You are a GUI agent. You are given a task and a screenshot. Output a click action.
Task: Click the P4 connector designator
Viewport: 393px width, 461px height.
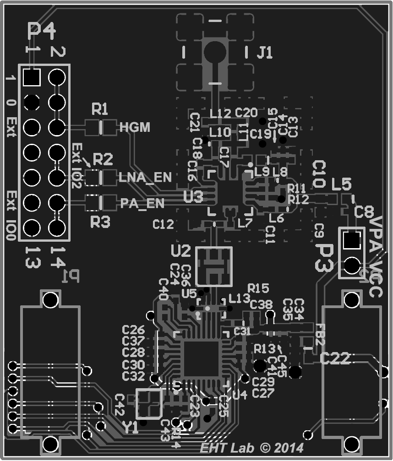point(42,31)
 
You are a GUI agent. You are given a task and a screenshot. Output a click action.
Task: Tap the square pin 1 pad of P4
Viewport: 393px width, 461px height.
point(32,77)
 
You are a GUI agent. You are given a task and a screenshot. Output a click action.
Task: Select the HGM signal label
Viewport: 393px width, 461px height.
point(135,127)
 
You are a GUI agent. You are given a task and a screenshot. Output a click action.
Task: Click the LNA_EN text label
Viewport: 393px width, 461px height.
point(145,177)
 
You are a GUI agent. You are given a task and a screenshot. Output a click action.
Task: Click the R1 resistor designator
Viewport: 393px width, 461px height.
point(100,109)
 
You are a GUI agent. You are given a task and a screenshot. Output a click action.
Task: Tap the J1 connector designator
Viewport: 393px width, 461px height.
point(264,53)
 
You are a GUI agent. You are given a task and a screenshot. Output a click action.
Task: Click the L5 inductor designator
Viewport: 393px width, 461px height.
point(341,184)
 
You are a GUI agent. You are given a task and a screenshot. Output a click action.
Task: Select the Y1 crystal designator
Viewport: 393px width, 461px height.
point(131,428)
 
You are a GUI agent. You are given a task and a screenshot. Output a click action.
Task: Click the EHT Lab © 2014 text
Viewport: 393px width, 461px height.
point(251,447)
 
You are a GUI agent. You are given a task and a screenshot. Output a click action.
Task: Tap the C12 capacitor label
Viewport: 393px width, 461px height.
point(163,224)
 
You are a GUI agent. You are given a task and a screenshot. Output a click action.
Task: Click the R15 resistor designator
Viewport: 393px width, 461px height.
point(258,288)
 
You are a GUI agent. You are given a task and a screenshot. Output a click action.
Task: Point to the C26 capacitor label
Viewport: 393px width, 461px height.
point(133,330)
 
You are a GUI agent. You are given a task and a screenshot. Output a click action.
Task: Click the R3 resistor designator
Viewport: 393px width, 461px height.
point(100,222)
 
